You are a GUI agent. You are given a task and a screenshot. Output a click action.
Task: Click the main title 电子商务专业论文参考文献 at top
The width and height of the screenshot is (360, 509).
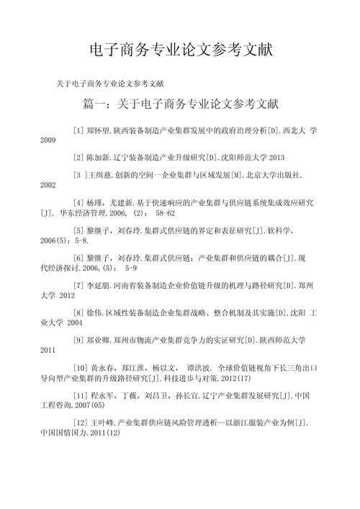point(180,50)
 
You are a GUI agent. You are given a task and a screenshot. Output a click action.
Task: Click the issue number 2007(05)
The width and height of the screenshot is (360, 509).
point(86,404)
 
